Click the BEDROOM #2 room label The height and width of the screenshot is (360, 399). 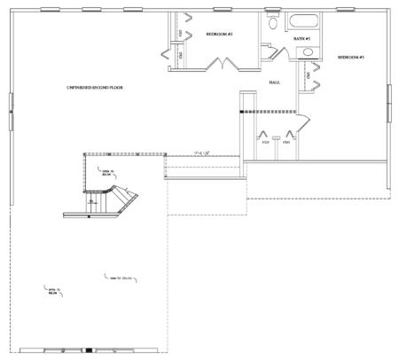click(218, 34)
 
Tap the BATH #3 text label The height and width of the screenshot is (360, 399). click(301, 38)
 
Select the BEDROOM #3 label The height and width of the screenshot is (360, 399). click(351, 58)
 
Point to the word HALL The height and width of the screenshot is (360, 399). click(275, 82)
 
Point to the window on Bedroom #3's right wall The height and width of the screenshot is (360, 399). click(388, 104)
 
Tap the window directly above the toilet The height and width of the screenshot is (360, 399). click(272, 10)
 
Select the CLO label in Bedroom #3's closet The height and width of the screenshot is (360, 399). click(308, 76)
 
